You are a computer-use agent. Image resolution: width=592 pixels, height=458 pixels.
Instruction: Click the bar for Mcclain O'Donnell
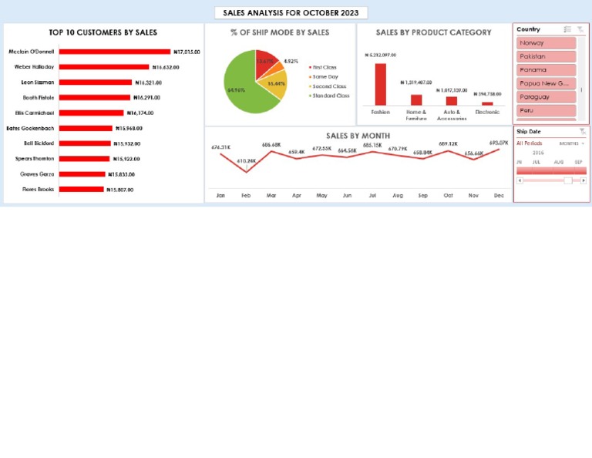pos(114,52)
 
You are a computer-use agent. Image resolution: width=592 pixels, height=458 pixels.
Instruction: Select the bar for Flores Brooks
pos(81,189)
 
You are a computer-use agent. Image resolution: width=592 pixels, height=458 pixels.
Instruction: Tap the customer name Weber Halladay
pos(34,67)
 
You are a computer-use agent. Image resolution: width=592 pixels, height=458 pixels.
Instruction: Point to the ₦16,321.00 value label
pos(149,83)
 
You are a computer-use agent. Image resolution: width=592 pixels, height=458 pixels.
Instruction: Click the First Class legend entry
pos(324,68)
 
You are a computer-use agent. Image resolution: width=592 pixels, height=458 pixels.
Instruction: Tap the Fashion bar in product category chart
pos(380,84)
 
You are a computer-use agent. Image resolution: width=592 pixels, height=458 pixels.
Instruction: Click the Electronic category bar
pos(487,103)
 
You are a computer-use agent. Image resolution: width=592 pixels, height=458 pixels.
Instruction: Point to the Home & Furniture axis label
pos(416,115)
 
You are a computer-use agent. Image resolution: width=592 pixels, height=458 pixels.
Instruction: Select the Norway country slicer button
pos(546,43)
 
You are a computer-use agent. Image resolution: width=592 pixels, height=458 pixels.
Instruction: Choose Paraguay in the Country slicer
pos(546,97)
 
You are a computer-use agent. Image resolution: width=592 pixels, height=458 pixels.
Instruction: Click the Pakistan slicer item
pos(546,56)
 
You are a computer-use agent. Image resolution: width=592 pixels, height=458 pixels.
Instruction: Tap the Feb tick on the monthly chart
pos(246,196)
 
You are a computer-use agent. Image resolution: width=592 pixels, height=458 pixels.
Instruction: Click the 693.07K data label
pos(499,143)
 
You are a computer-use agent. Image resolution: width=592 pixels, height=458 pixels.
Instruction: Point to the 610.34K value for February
pos(247,161)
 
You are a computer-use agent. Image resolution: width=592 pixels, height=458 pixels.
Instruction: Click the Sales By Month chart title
pos(358,136)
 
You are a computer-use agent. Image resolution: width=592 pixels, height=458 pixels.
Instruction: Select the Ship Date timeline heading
pos(529,132)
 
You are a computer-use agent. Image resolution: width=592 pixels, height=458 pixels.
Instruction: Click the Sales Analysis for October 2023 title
pos(291,13)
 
